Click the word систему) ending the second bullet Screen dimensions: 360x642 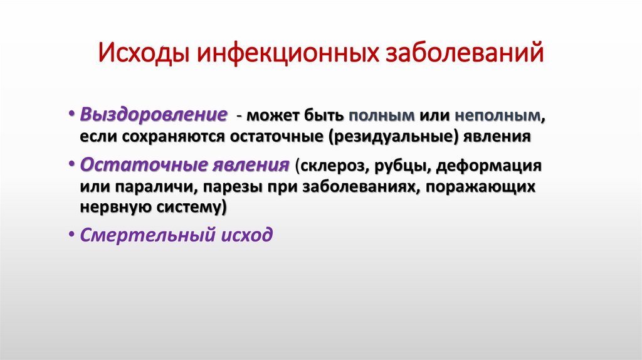[194, 206]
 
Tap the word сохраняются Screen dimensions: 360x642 [165, 136]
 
